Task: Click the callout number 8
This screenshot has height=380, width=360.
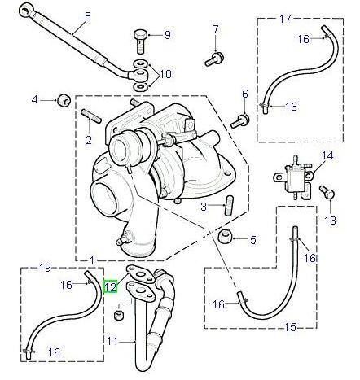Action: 88,17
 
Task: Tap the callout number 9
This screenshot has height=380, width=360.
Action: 168,34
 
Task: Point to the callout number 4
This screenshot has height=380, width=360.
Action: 34,99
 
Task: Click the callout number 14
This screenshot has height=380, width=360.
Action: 327,155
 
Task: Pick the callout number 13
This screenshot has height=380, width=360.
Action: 330,221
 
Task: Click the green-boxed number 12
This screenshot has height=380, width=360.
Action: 111,286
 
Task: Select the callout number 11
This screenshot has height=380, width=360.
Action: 114,339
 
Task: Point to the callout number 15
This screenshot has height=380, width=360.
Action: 291,328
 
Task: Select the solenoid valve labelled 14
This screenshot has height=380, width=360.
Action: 292,175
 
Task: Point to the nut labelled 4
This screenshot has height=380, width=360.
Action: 60,100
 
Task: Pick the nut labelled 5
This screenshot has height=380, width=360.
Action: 227,238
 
